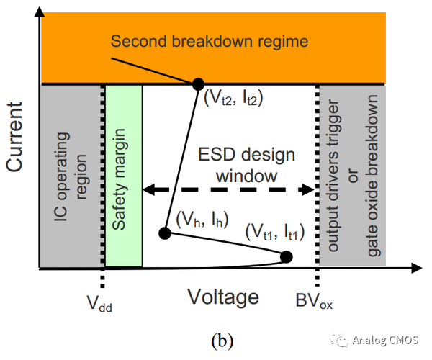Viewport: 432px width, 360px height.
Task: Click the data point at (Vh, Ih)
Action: pos(164,233)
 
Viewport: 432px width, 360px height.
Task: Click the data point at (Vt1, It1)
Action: pos(286,256)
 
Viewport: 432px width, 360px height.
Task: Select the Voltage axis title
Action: pos(223,296)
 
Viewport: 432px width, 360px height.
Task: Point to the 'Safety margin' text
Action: pos(123,177)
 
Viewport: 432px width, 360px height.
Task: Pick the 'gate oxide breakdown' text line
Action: pos(372,177)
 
